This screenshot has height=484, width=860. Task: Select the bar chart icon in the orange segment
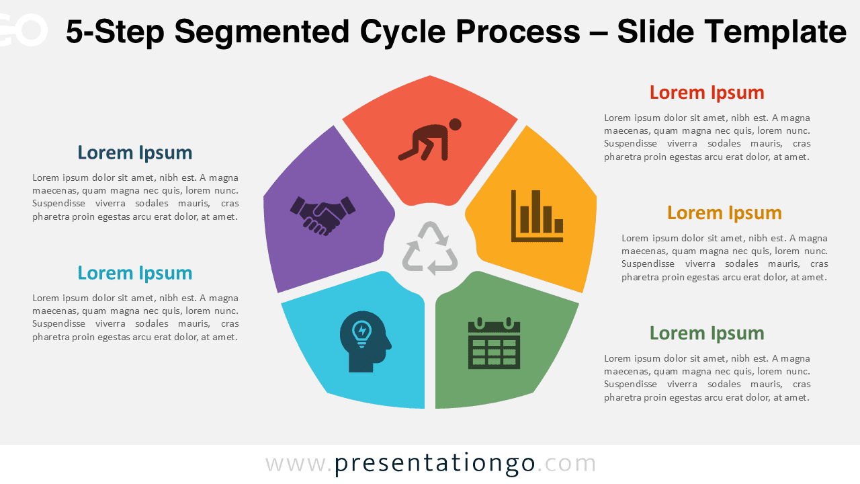click(537, 216)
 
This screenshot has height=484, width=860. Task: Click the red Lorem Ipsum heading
click(707, 92)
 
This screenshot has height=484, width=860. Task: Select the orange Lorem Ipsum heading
click(724, 212)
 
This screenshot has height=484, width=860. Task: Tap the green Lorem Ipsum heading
click(707, 333)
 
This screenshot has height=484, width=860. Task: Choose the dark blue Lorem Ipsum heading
click(135, 153)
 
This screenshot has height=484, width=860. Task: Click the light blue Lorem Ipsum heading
click(135, 273)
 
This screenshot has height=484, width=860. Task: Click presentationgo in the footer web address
click(435, 463)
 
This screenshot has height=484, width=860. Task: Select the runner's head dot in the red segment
click(455, 124)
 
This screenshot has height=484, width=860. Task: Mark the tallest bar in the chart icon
click(535, 211)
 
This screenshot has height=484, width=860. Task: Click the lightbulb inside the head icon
click(361, 331)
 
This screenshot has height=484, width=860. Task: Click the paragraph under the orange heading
click(724, 257)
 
